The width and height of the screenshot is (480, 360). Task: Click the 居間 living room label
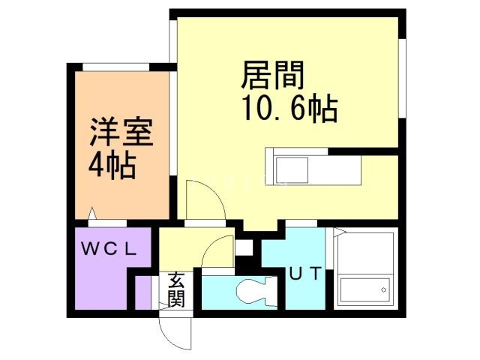click(x=273, y=76)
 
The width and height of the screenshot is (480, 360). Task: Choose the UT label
click(x=306, y=274)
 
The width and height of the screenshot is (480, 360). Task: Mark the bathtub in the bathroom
click(x=366, y=289)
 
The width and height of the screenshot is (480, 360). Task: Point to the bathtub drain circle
click(x=383, y=289)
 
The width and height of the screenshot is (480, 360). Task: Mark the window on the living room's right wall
click(x=402, y=78)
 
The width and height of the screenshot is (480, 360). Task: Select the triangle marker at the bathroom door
click(x=337, y=231)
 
